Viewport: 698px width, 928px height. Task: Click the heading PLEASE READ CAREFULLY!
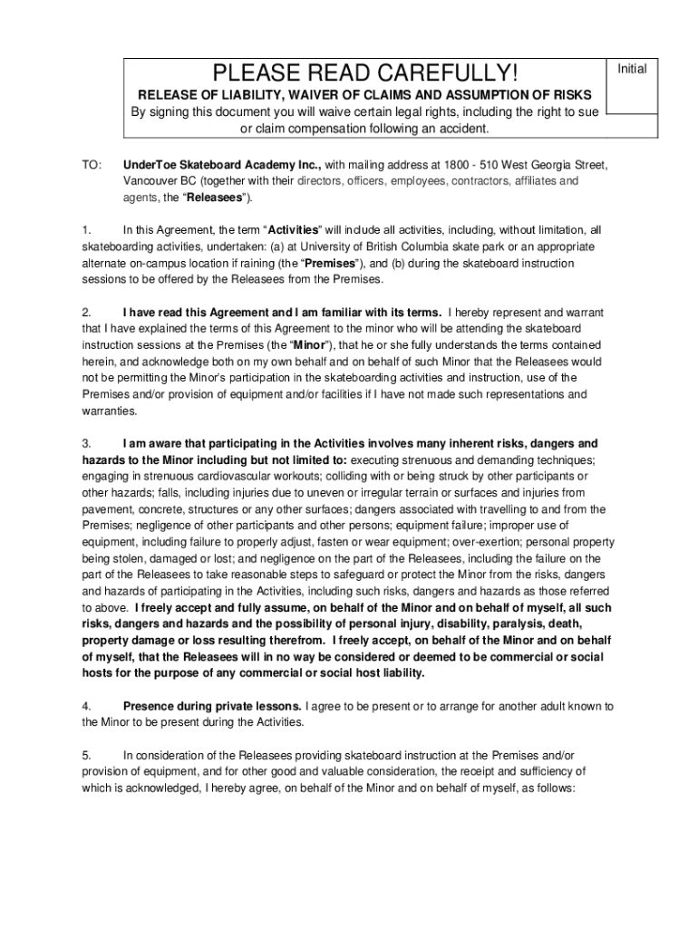[x=364, y=72]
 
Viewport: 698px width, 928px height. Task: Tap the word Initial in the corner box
[x=632, y=69]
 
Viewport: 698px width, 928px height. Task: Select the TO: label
[x=93, y=165]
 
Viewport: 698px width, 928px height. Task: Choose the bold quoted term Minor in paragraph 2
[x=309, y=344]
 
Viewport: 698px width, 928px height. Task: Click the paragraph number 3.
[x=86, y=443]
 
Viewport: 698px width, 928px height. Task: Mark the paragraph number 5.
[x=86, y=755]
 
